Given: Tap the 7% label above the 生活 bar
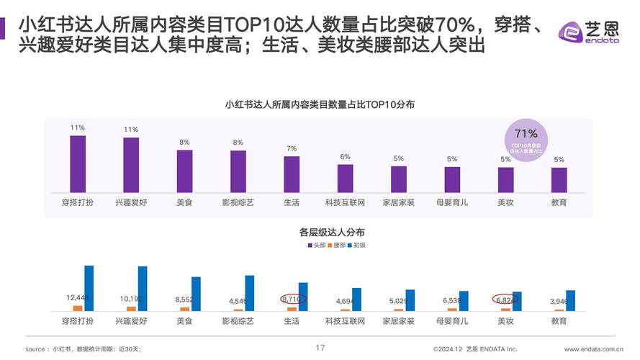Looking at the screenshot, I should click(x=292, y=148).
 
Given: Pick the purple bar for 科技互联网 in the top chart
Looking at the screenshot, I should click(x=345, y=178).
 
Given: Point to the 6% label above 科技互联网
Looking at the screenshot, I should click(x=345, y=156).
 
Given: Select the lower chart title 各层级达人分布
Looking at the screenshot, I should click(x=320, y=232).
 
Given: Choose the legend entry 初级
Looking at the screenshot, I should click(x=358, y=246).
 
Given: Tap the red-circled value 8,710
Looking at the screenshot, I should click(x=293, y=298).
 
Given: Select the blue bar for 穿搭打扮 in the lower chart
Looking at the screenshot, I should click(x=89, y=288).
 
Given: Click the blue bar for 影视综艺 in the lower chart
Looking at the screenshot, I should click(x=249, y=293).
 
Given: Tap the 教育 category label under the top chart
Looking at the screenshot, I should click(x=559, y=202).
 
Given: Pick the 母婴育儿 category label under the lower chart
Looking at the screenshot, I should click(x=452, y=320).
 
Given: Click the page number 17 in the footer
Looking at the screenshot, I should click(x=320, y=348).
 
